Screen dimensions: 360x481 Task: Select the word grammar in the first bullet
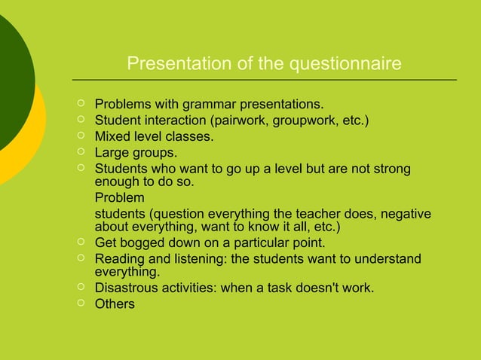(x=201, y=103)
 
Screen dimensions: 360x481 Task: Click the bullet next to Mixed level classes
(x=80, y=137)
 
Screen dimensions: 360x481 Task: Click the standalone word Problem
(x=119, y=199)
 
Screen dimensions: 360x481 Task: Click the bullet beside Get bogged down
(x=80, y=243)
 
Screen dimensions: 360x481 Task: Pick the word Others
(x=115, y=305)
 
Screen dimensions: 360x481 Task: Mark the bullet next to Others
(x=80, y=304)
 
